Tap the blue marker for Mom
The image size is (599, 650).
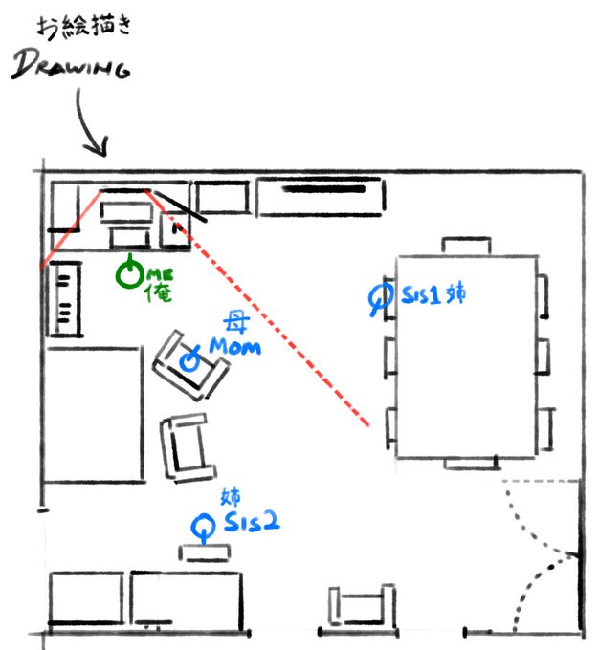point(190,360)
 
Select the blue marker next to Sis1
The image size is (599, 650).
point(381,297)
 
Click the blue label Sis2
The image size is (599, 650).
point(252,522)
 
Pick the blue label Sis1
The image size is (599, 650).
point(421,297)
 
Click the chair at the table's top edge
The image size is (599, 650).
point(468,246)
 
